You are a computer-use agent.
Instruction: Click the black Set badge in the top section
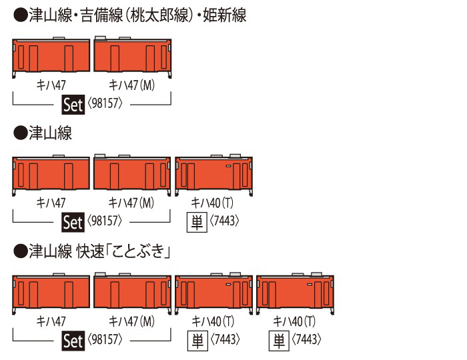(73, 103)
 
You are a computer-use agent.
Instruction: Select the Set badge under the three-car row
(73, 221)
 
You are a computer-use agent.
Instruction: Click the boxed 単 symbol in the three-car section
(197, 221)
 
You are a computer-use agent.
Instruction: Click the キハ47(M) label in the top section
(131, 85)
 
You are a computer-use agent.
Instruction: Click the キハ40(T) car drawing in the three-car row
(213, 175)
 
